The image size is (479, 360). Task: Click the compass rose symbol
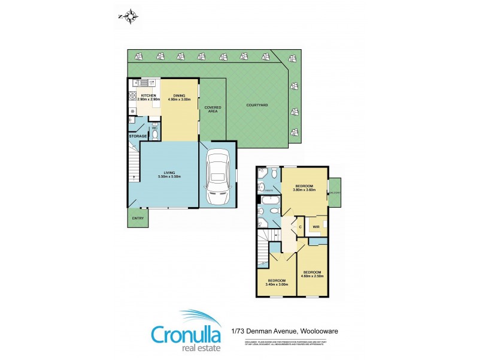click(x=129, y=17)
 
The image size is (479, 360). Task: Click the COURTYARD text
click(x=257, y=105)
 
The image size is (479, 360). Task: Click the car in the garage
click(x=217, y=177)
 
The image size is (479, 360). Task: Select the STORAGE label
click(x=138, y=136)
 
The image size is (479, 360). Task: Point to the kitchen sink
click(x=144, y=83)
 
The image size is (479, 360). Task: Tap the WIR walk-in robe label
click(x=315, y=227)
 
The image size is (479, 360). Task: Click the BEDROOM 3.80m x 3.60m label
click(x=306, y=188)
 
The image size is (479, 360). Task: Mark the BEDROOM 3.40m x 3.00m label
click(x=277, y=283)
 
